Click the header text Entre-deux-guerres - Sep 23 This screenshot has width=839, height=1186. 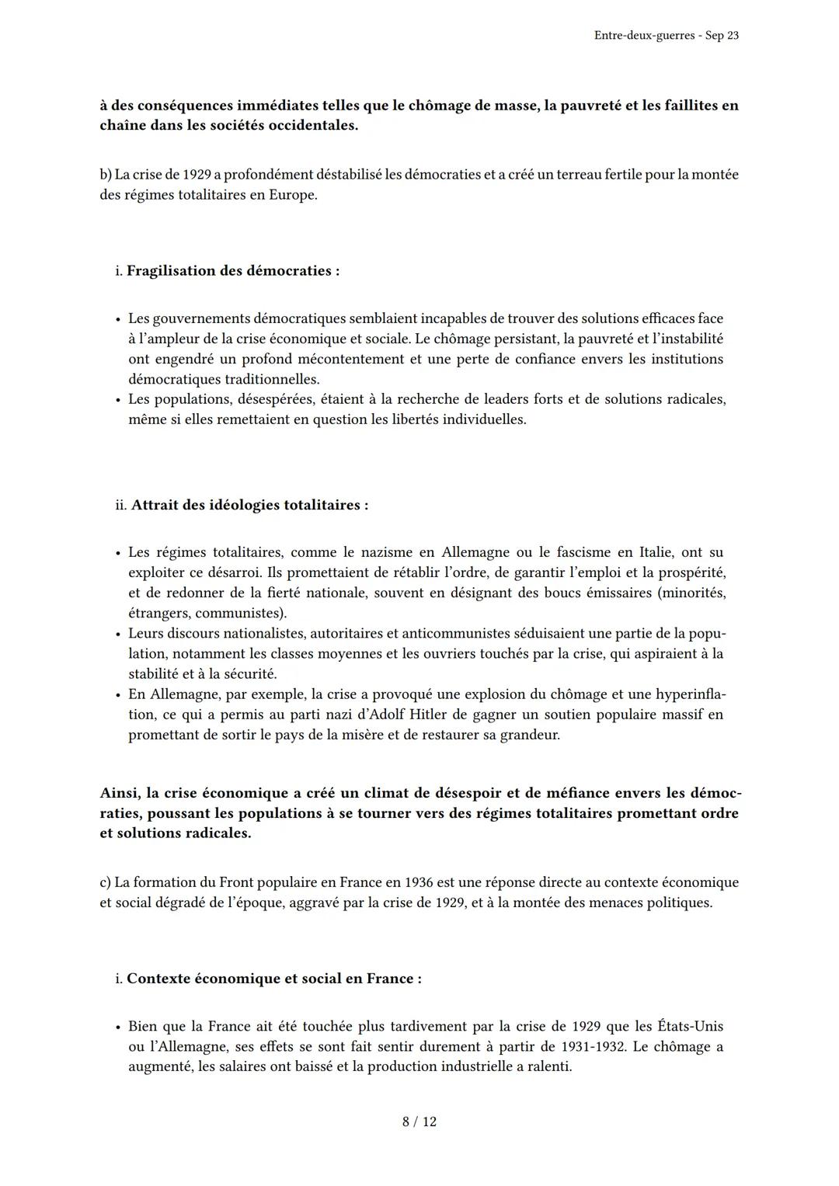tap(666, 36)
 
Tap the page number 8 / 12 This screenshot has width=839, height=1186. tap(419, 1122)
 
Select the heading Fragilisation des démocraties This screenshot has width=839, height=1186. tap(232, 271)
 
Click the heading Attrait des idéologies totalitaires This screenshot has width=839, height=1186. tap(249, 505)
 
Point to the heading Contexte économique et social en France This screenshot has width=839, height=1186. tap(273, 979)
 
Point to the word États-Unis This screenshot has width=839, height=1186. tap(690, 1026)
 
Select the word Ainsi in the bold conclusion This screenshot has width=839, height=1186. tap(120, 793)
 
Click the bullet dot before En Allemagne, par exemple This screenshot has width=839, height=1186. tap(118, 695)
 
